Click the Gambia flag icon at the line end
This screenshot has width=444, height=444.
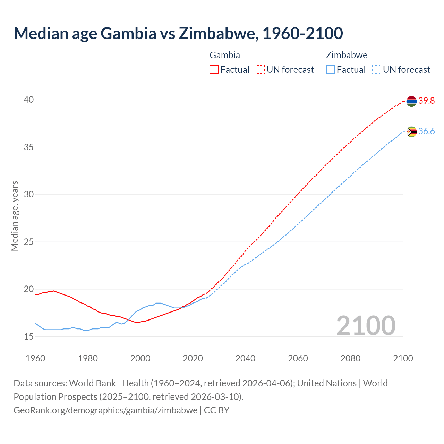tap(411, 101)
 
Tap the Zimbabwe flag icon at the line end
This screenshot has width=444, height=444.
tap(411, 132)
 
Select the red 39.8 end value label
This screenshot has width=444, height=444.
tap(426, 101)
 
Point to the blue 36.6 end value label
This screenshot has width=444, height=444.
tap(426, 131)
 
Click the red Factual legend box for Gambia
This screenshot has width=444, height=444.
tap(214, 70)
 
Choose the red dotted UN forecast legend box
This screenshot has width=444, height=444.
tap(260, 70)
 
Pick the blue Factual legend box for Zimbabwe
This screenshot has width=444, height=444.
tap(331, 70)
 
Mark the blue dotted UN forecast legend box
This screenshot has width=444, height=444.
tap(376, 70)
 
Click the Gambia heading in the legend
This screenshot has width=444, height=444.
tap(225, 55)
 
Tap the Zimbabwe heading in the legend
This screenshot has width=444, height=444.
tap(347, 55)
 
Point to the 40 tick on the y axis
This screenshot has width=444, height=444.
tap(28, 100)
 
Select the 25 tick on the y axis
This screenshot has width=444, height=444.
tap(28, 242)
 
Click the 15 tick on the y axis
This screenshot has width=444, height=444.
tap(28, 336)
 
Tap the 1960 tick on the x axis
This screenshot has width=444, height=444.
tap(35, 358)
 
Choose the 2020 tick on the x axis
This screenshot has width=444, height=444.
tap(193, 358)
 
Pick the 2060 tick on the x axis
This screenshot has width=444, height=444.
tap(298, 358)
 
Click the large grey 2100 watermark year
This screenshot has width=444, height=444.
tap(366, 326)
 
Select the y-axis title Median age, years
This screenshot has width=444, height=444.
tap(15, 216)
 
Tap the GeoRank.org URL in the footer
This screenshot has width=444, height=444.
tap(105, 410)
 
